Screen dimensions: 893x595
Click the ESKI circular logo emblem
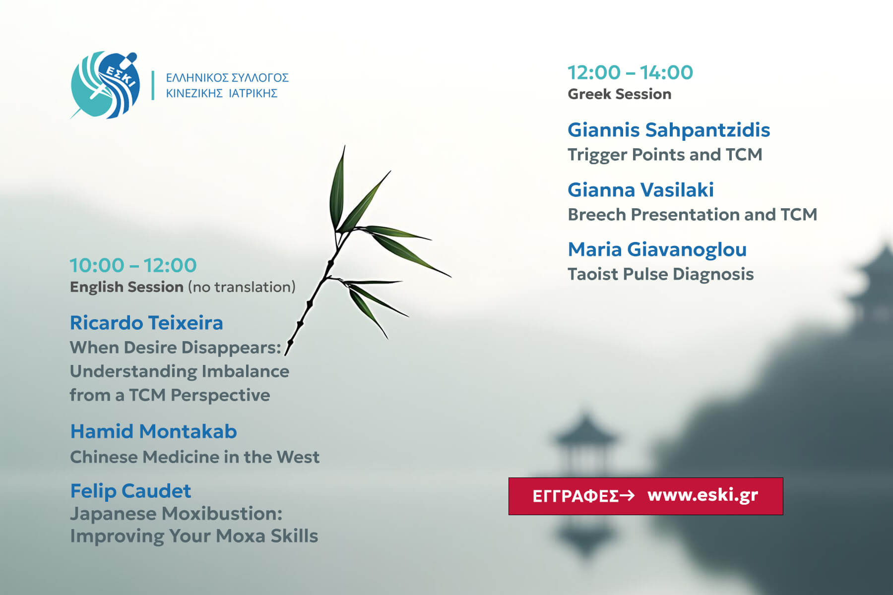(x=105, y=85)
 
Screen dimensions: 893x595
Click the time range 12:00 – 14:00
(x=630, y=72)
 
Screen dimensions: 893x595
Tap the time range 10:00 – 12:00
(x=133, y=265)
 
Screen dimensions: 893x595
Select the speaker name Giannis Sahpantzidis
(x=669, y=130)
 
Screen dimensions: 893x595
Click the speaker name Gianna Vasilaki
(x=640, y=189)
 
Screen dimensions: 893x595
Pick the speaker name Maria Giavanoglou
(x=657, y=249)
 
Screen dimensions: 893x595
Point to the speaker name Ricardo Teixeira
(x=146, y=323)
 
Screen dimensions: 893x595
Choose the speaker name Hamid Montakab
(x=153, y=431)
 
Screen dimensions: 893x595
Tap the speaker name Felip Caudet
(x=130, y=491)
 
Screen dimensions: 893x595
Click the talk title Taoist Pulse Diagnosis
(x=660, y=274)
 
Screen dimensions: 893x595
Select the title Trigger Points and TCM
(x=665, y=155)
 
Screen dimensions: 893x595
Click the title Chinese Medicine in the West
(x=194, y=457)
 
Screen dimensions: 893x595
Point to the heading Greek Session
(x=619, y=94)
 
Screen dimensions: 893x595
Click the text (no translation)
(x=242, y=287)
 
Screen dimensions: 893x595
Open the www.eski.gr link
(x=702, y=495)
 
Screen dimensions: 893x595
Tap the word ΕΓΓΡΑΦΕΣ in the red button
(x=575, y=496)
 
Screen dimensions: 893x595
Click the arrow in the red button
(x=627, y=495)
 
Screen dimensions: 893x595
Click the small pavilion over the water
(x=585, y=446)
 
